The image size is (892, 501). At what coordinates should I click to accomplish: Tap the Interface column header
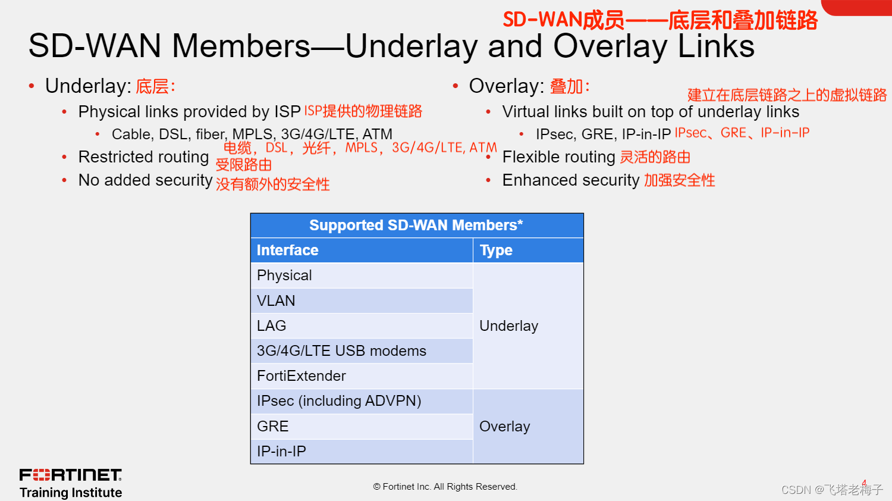(362, 250)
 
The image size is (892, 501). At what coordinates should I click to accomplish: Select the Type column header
(528, 250)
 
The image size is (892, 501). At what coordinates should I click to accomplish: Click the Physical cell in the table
(362, 275)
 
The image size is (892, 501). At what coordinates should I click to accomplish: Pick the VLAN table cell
(362, 300)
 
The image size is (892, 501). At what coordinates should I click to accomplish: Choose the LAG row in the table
(362, 325)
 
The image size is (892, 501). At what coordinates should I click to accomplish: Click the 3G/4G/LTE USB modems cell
(362, 350)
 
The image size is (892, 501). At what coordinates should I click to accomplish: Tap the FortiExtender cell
(362, 376)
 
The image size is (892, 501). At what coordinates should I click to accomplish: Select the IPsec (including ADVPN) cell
(362, 401)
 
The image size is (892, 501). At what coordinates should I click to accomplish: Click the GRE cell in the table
(362, 426)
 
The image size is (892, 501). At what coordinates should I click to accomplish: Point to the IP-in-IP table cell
(362, 451)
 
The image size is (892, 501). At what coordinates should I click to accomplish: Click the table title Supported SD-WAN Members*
(416, 225)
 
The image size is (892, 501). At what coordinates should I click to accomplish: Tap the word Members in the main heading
(240, 46)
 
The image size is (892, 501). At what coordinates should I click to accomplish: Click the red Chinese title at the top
(660, 20)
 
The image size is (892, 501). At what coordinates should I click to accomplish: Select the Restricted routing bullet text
(143, 157)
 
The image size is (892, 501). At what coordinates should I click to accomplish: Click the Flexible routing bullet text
(559, 157)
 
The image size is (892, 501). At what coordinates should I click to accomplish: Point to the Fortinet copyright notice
(445, 487)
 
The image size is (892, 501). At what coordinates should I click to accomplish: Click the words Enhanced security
(571, 180)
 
